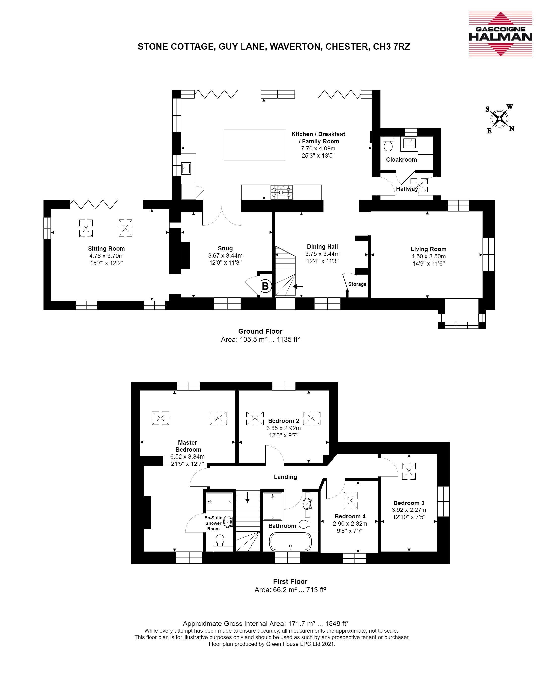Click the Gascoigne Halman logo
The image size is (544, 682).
click(x=500, y=34)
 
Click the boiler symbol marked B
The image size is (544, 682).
click(x=265, y=286)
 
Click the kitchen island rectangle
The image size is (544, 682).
click(x=254, y=145)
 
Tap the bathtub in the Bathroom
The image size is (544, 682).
click(x=290, y=542)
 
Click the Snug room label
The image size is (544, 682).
click(x=225, y=248)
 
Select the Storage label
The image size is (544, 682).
click(x=357, y=284)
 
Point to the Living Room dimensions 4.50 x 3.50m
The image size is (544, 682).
click(x=428, y=256)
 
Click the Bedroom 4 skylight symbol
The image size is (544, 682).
click(x=351, y=500)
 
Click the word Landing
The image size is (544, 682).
click(x=285, y=477)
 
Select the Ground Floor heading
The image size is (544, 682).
click(x=260, y=331)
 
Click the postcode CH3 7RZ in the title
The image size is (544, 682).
click(x=392, y=47)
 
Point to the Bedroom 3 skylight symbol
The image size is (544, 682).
click(x=409, y=471)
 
